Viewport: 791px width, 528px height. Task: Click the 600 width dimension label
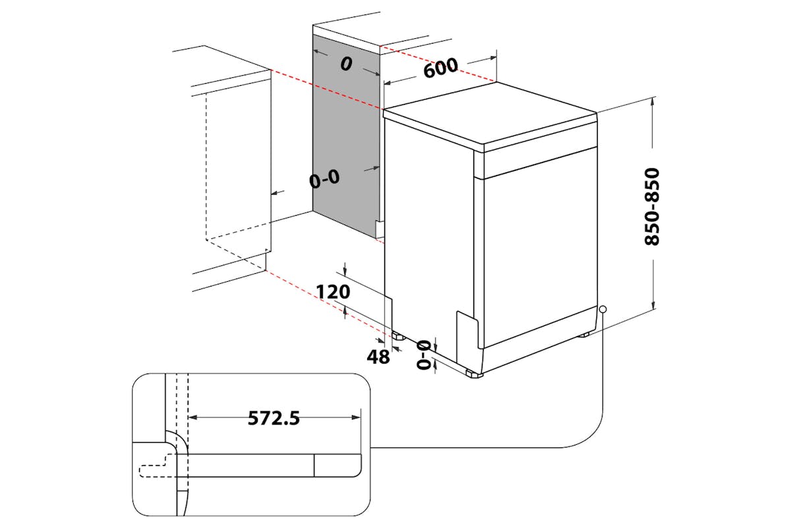441,67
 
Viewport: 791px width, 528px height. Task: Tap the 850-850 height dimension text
652,207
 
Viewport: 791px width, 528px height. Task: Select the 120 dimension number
333,292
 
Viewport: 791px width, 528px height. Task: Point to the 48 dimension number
378,356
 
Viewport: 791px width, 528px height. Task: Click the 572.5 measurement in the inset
274,418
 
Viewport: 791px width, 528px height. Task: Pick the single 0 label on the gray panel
347,64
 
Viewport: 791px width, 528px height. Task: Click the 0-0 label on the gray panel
324,179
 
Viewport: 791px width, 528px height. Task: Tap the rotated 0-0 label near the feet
424,354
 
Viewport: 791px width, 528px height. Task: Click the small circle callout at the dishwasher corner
602,310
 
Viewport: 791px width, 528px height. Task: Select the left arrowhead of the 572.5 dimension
192,418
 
